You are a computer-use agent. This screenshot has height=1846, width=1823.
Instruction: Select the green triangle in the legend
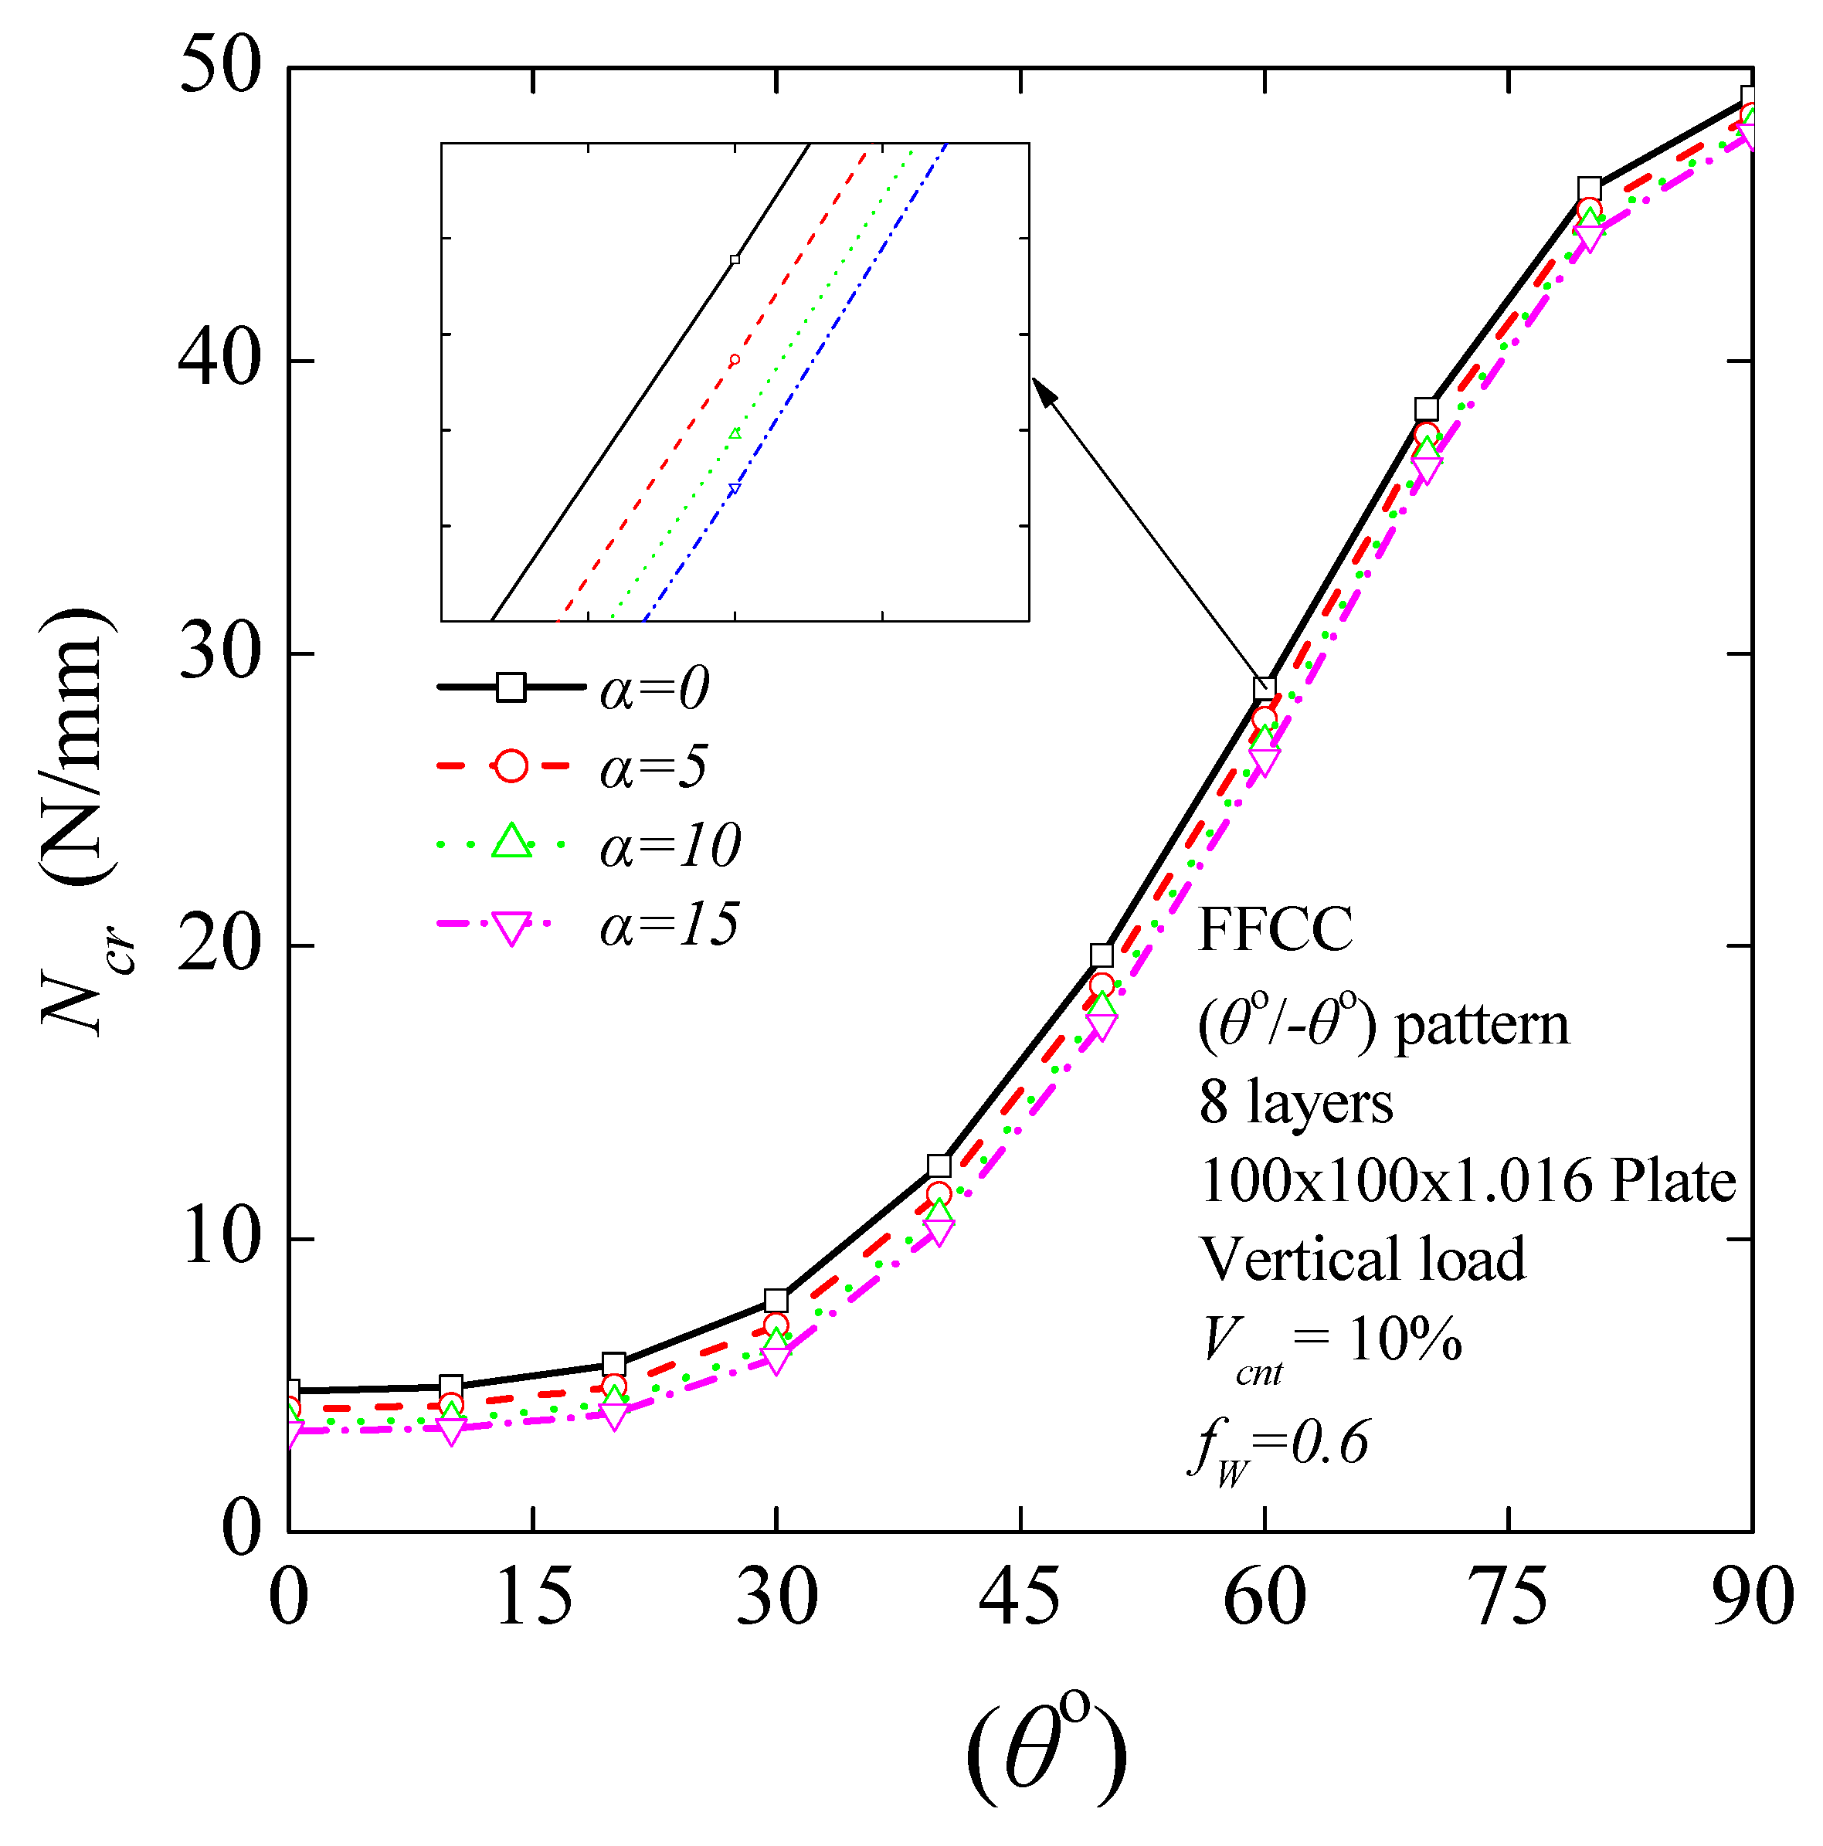click(x=511, y=842)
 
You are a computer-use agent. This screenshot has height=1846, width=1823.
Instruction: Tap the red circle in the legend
click(x=511, y=766)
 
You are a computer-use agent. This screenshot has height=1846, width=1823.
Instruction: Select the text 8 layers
click(x=1295, y=1103)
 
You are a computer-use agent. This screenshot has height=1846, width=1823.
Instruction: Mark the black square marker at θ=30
click(x=776, y=1301)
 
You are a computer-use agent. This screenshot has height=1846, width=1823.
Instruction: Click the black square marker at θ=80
click(x=1589, y=188)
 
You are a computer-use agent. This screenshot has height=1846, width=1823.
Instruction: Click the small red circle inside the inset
click(x=735, y=360)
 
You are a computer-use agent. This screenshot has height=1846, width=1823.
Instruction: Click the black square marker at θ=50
click(x=1101, y=955)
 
